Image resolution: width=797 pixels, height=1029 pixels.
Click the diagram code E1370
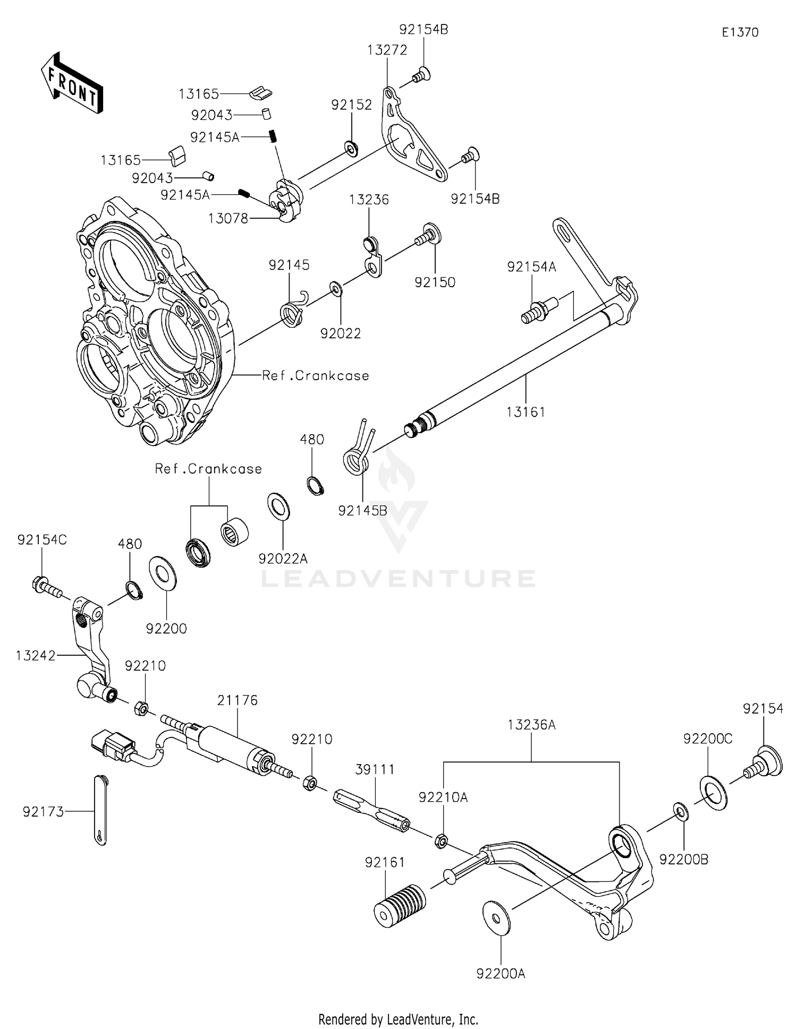740,32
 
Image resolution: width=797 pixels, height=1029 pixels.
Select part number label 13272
387,50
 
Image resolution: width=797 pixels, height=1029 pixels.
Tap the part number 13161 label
525,411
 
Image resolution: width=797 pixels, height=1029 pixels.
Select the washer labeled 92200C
710,791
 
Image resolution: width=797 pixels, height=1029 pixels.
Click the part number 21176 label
238,700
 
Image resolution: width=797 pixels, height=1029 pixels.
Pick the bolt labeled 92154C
47,587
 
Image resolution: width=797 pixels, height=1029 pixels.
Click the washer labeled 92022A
279,506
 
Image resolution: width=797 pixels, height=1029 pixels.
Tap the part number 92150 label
435,282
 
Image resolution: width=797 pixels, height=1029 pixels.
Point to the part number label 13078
228,218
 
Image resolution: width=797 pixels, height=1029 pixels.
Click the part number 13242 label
36,656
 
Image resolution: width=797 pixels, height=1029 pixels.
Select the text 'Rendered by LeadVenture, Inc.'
398,1019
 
